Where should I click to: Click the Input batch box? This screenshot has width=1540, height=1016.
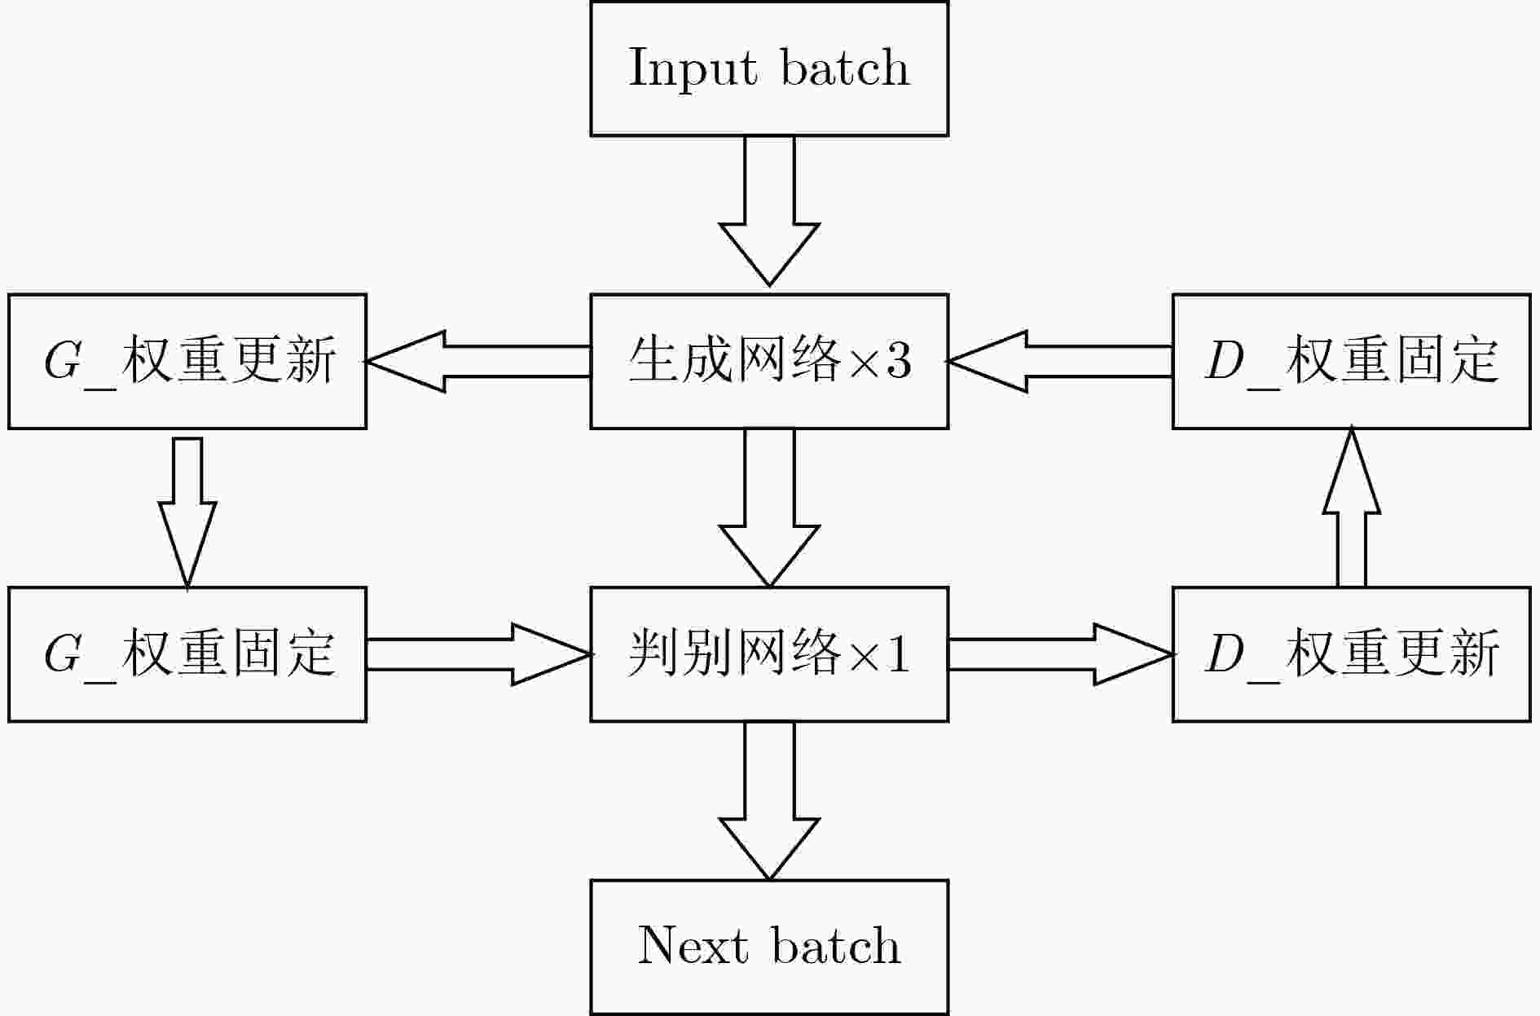pos(769,68)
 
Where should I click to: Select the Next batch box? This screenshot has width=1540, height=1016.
pos(769,947)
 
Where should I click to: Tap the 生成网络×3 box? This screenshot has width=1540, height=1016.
pos(769,361)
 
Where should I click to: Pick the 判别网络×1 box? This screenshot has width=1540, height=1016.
pos(769,654)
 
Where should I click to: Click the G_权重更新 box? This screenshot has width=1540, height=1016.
pos(187,361)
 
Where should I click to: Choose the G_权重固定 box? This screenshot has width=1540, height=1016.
pos(187,654)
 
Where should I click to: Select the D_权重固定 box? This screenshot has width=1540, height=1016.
pos(1352,361)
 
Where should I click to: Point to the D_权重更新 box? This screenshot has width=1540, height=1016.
pos(1352,654)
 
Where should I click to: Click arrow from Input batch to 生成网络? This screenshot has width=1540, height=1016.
pos(769,211)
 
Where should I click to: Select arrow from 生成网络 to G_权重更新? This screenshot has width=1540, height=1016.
pos(479,361)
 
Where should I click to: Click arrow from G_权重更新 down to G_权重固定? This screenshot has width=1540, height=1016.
pos(187,512)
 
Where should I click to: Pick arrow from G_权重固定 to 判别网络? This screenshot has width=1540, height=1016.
pos(479,654)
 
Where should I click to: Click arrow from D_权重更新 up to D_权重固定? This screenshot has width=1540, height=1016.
pos(1351,508)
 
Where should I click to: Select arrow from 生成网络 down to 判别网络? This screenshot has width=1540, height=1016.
pos(769,508)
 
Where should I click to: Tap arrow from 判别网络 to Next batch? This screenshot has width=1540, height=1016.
pos(769,801)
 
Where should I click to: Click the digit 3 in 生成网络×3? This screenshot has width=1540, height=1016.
pos(898,361)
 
